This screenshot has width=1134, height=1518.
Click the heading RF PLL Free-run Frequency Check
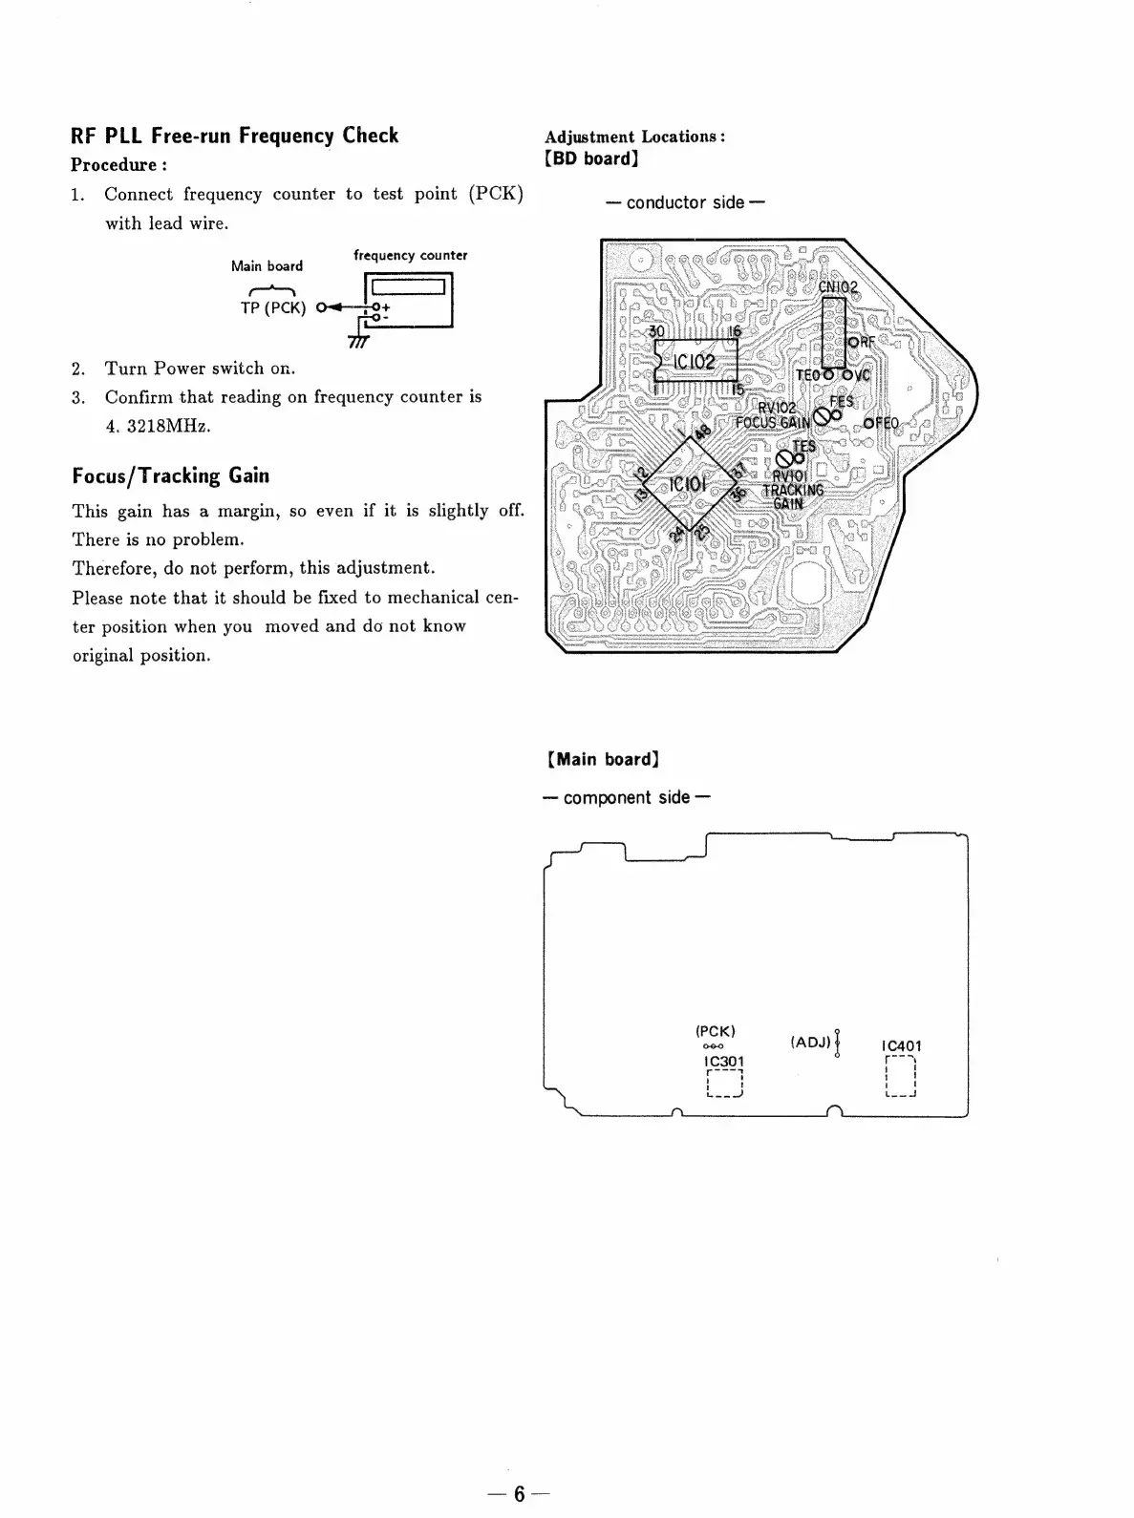[x=235, y=136]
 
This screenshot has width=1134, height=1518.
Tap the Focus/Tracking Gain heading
[x=171, y=475]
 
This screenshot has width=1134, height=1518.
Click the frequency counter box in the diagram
[x=408, y=299]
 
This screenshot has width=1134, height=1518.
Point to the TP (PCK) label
[x=273, y=307]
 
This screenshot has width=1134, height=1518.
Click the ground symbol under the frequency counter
[x=359, y=340]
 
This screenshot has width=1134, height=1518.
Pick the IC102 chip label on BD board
[x=695, y=362]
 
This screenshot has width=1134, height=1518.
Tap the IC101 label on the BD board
[x=687, y=485]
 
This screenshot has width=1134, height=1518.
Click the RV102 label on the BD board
[x=777, y=409]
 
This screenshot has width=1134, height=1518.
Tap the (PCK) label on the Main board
[x=716, y=1031]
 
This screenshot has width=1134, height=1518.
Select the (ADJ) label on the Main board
[x=810, y=1042]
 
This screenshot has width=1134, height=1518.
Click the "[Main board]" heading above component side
[x=603, y=760]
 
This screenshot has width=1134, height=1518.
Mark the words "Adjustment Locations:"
[x=635, y=137]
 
